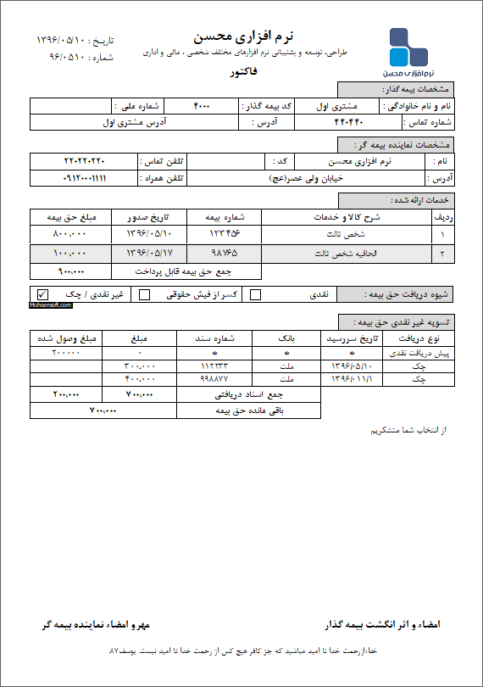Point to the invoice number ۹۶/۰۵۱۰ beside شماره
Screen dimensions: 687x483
tap(63, 58)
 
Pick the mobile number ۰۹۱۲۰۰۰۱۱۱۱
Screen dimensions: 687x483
tap(85, 178)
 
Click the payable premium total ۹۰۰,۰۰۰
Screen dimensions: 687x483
tap(71, 272)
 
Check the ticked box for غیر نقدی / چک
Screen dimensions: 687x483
tap(42, 295)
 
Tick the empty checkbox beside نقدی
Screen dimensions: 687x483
tap(256, 295)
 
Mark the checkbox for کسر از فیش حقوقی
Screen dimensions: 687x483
tap(145, 295)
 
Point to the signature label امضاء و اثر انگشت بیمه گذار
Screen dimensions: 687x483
tap(383, 624)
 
